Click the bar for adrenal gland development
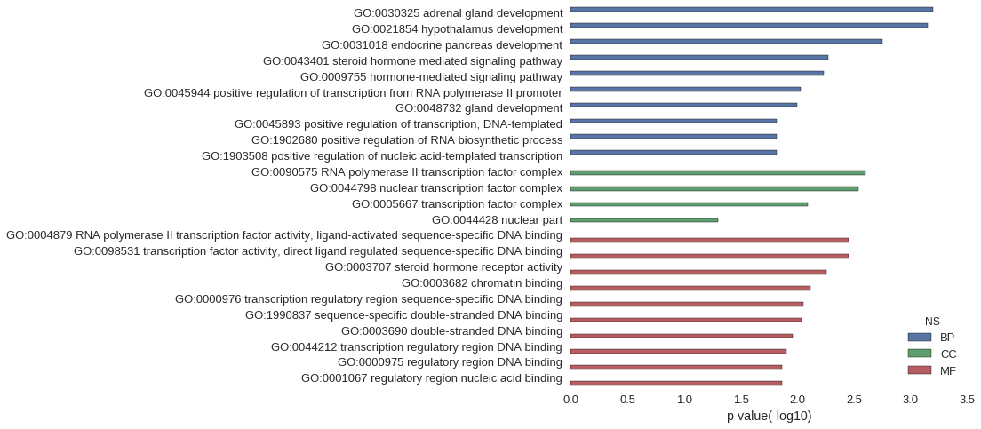point(752,10)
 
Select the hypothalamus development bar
point(749,25)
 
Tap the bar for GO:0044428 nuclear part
point(644,220)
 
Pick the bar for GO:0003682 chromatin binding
point(690,288)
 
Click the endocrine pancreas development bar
point(726,41)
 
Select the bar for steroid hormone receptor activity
point(698,272)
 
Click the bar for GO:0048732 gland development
point(684,105)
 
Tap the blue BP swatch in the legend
point(919,338)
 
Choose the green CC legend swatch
point(919,354)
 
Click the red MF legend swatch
point(919,370)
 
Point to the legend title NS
point(932,321)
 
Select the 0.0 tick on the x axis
point(570,399)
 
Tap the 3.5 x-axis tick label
point(968,399)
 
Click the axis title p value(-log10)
point(769,416)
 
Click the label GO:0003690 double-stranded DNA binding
point(451,330)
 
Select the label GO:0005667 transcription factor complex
point(458,204)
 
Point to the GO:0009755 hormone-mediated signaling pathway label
point(432,77)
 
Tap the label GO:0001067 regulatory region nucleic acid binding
point(432,378)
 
